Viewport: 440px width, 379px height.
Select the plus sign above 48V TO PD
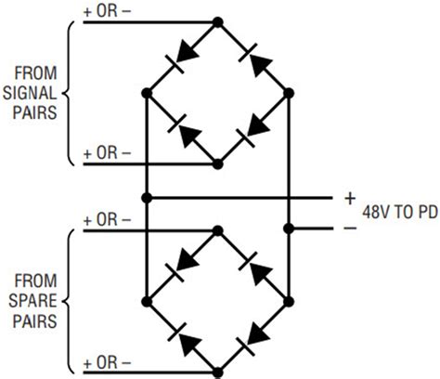click(x=350, y=197)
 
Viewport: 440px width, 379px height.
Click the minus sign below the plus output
click(x=350, y=228)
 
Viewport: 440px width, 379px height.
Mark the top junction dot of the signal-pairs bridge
click(x=217, y=20)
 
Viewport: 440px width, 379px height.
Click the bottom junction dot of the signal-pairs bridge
click(x=217, y=163)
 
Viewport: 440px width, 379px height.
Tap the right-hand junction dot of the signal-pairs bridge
click(x=289, y=92)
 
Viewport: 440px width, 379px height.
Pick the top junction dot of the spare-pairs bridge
click(x=217, y=229)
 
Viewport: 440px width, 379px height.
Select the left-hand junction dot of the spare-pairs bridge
click(x=146, y=301)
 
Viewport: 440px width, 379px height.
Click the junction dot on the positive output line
click(x=146, y=197)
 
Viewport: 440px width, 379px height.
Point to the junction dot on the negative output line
click(x=289, y=228)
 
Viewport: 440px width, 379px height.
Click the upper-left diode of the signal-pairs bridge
click(x=182, y=56)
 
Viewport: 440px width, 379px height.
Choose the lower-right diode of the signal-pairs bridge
click(x=252, y=129)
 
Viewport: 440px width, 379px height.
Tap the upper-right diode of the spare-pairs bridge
click(x=252, y=265)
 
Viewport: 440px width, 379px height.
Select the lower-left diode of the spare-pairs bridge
click(x=182, y=337)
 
